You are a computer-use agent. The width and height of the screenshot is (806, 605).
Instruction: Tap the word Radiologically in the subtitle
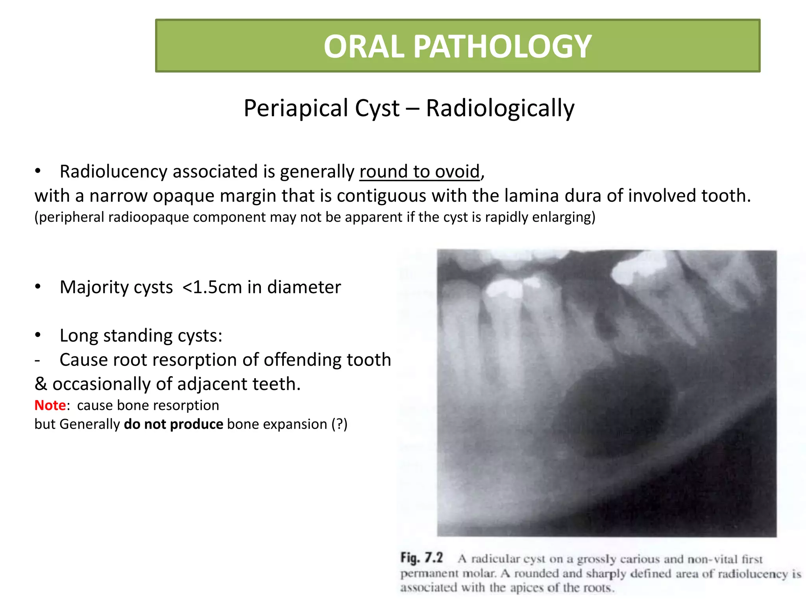pyautogui.click(x=500, y=108)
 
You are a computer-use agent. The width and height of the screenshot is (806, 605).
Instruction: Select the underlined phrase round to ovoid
pyautogui.click(x=420, y=172)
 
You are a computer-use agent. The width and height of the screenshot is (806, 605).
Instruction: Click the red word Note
pyautogui.click(x=50, y=405)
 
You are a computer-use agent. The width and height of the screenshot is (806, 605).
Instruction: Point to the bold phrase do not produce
pyautogui.click(x=173, y=424)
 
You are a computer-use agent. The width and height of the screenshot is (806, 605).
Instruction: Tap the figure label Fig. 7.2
pyautogui.click(x=421, y=558)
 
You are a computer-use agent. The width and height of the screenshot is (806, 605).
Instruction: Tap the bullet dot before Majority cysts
pyautogui.click(x=38, y=287)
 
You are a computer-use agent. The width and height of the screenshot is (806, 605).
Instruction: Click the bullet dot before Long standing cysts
pyautogui.click(x=38, y=335)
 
